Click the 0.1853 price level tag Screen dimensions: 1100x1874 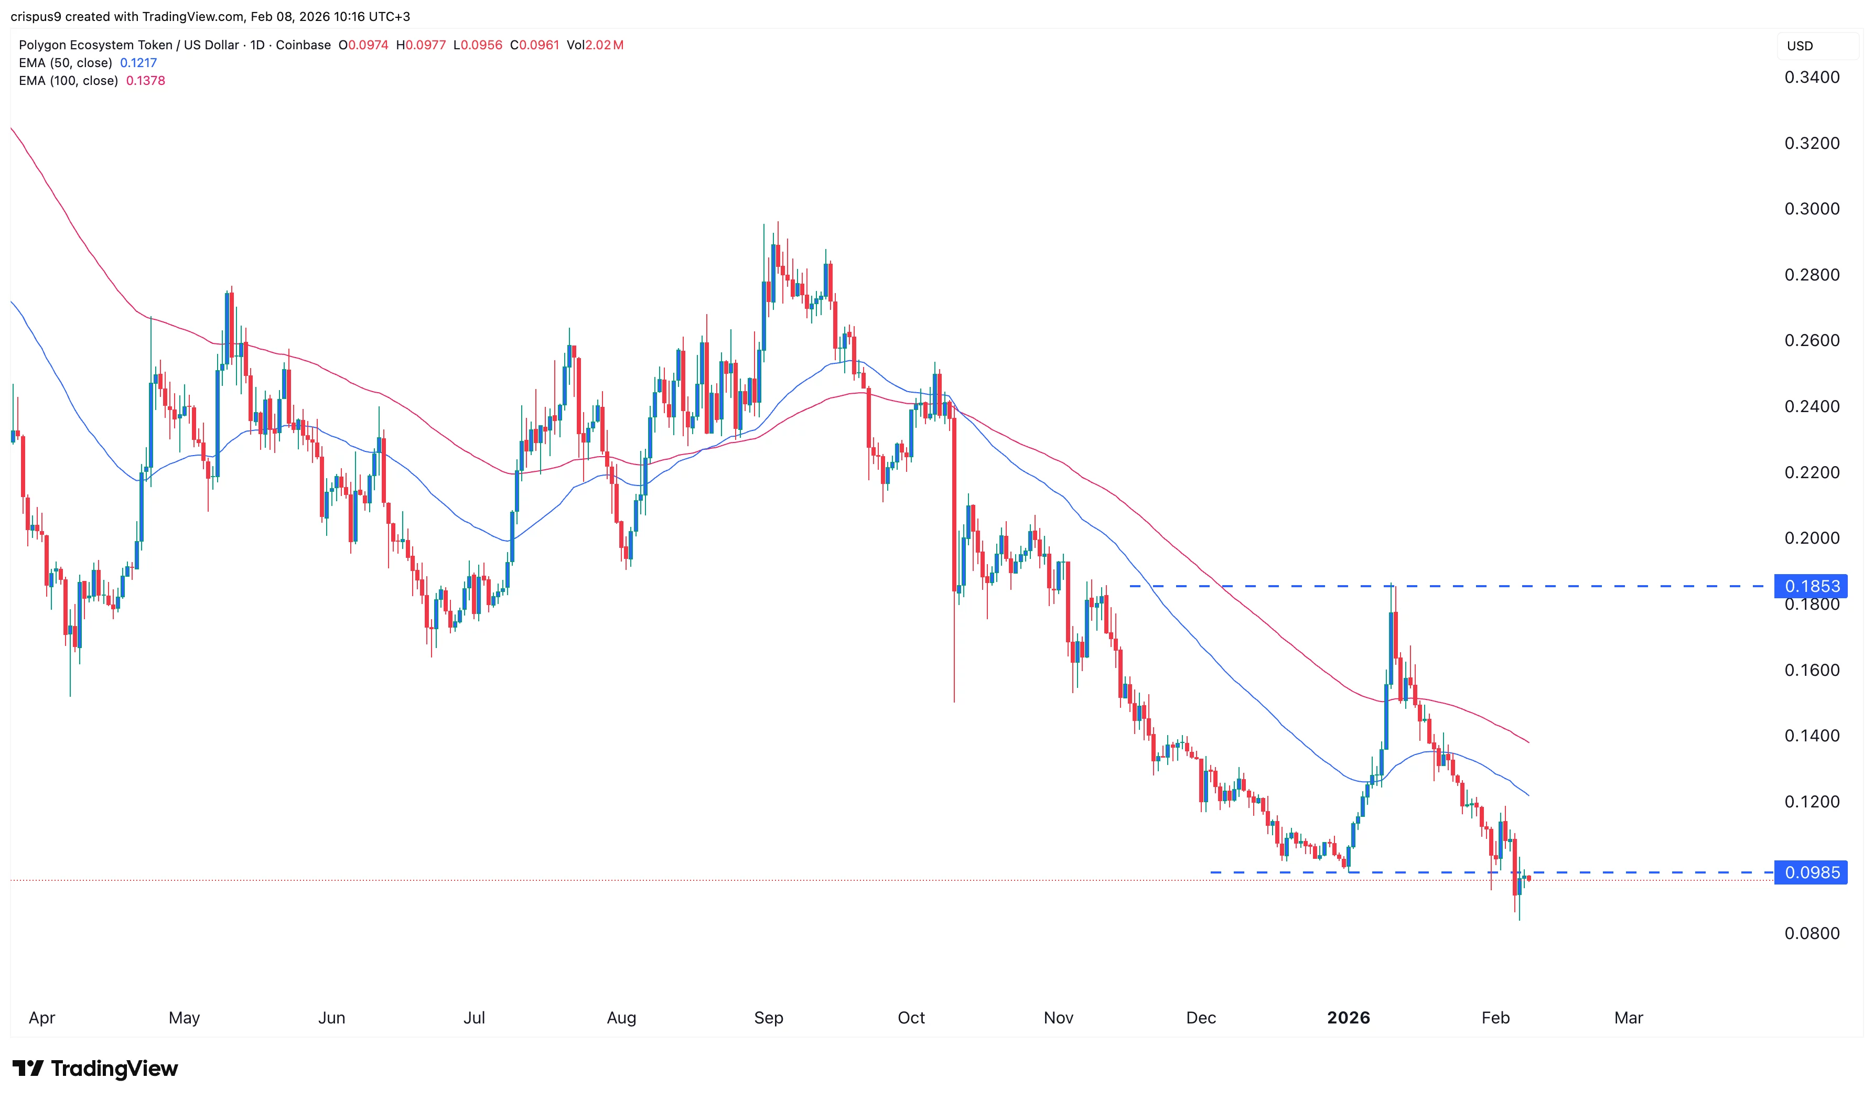click(1812, 586)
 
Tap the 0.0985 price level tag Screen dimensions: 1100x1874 click(1812, 872)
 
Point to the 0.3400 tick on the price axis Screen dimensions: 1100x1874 click(1812, 78)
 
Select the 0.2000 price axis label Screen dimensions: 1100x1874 click(1812, 538)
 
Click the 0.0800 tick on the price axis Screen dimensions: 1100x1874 click(1812, 933)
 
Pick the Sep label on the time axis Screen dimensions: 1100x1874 click(768, 1018)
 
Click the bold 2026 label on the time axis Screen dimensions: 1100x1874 click(1348, 1018)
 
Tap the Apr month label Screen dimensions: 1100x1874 click(41, 1018)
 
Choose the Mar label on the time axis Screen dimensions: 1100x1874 click(1628, 1018)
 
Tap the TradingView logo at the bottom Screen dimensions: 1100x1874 click(95, 1069)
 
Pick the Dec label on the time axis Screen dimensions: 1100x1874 click(1200, 1018)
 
